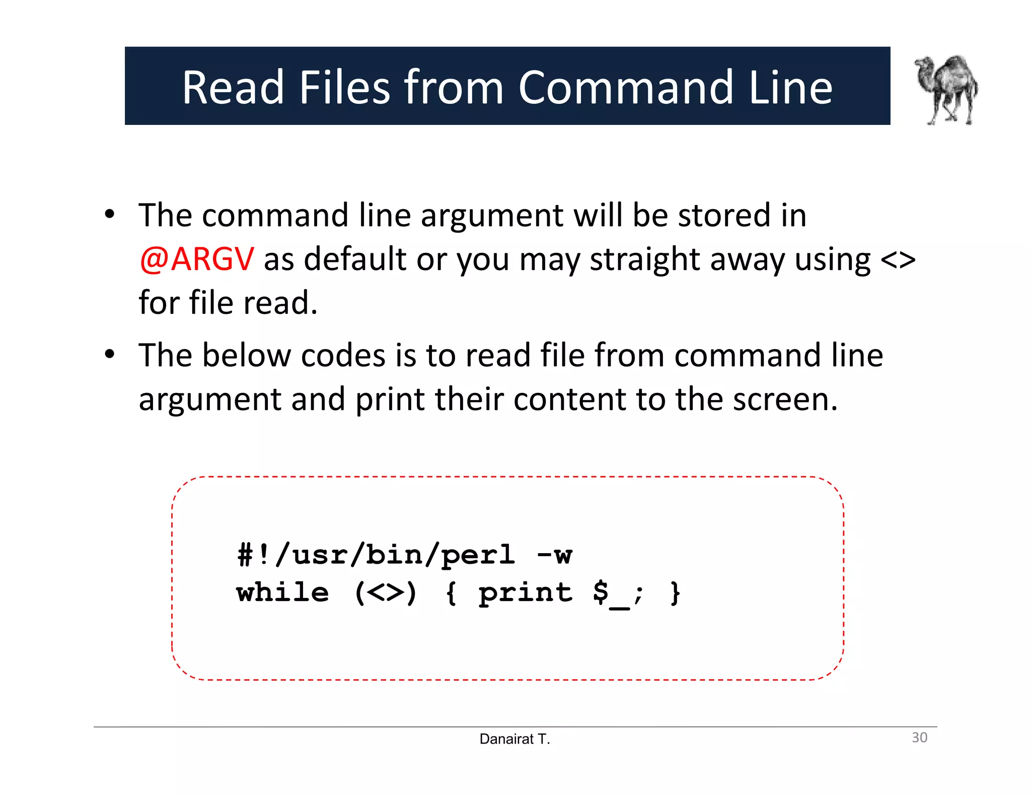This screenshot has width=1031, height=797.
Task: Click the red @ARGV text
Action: coord(197,259)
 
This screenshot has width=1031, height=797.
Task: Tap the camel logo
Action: coord(946,90)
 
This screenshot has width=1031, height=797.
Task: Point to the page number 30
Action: coord(919,738)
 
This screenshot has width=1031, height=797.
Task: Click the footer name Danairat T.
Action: coord(514,739)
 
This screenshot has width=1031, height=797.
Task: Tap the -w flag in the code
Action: coord(554,555)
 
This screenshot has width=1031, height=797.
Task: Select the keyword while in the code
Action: coord(282,592)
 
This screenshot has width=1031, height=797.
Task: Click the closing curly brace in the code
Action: coord(675,593)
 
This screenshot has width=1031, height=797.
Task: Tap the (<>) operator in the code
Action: coord(386,593)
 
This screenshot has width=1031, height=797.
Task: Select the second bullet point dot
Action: coord(110,355)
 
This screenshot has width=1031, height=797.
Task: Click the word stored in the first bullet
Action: coord(724,216)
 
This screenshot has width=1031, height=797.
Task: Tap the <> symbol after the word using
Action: coord(898,260)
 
